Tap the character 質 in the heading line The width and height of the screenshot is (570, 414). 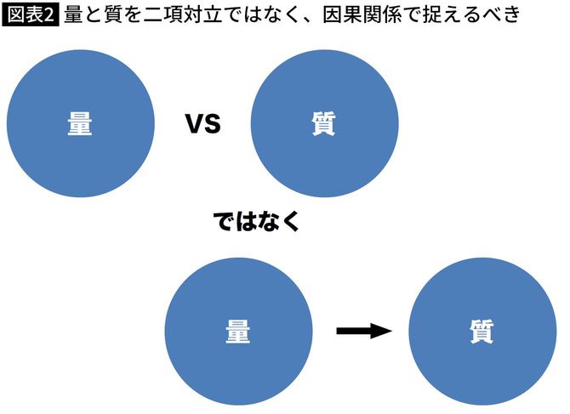coord(115,14)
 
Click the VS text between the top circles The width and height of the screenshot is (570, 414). coord(203,125)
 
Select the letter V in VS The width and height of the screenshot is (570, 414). coord(195,125)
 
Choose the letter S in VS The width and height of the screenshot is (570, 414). coord(213,125)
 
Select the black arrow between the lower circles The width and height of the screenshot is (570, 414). coord(363,331)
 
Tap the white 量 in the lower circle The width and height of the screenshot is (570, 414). coord(238,332)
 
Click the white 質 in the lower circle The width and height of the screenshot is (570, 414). coord(482,332)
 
